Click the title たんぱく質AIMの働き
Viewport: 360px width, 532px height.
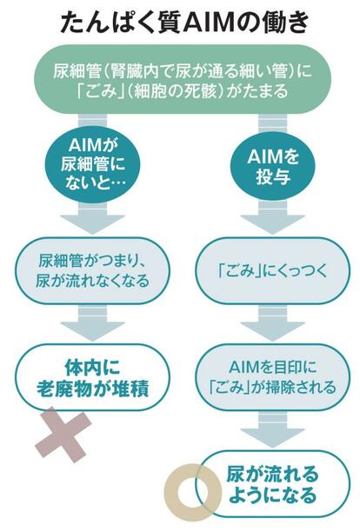click(184, 23)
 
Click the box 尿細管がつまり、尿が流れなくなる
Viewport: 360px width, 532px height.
click(93, 271)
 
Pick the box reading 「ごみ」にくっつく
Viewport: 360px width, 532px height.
click(273, 271)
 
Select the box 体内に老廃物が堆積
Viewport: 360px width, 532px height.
click(93, 377)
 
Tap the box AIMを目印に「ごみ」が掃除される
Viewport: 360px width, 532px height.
click(273, 377)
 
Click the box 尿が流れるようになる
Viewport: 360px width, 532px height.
click(273, 484)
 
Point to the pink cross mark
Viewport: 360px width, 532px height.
click(63, 436)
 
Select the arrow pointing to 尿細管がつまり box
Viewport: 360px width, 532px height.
click(93, 218)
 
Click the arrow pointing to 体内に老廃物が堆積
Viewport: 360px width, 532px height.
click(93, 323)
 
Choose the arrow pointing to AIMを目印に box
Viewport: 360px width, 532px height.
click(273, 323)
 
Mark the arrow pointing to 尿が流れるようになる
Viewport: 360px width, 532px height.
click(273, 429)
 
